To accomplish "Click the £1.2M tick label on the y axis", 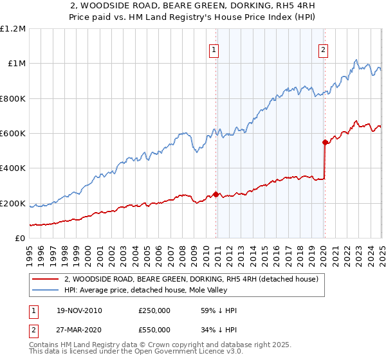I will [13, 28].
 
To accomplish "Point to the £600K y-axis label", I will [13, 134].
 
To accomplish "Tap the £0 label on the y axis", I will [19, 239].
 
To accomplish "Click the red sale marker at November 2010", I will [216, 194].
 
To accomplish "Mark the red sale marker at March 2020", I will [325, 142].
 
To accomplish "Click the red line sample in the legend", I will [46, 280].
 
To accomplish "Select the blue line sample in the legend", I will [46, 291].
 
